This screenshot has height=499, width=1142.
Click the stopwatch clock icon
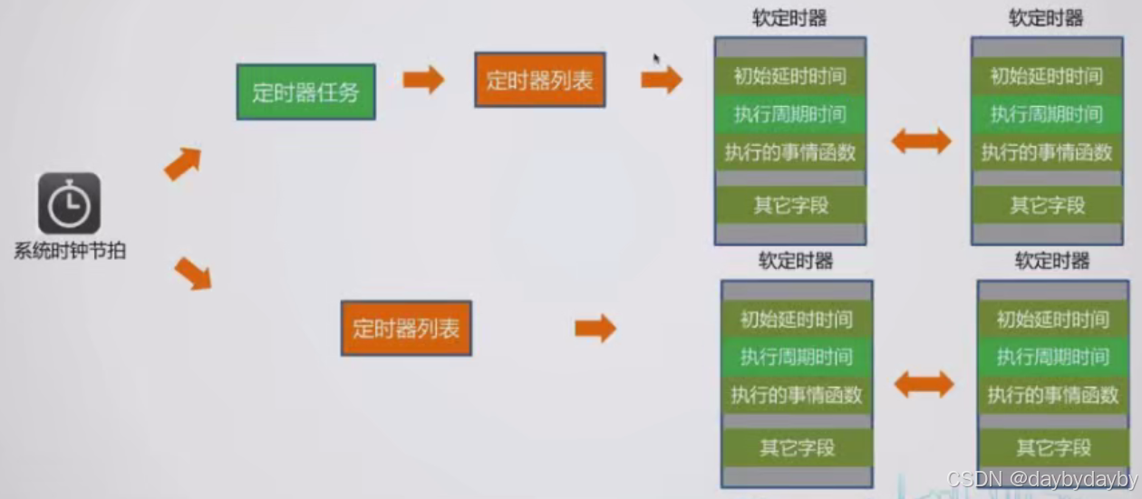[x=69, y=204]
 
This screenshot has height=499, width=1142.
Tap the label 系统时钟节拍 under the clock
[x=69, y=251]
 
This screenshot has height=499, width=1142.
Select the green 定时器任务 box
[x=305, y=91]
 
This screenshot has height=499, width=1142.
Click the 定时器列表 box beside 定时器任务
[x=539, y=80]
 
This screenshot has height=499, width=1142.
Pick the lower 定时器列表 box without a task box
[x=406, y=328]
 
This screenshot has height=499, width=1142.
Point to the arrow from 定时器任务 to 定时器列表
[x=423, y=80]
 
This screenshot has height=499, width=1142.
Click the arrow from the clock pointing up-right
[x=182, y=163]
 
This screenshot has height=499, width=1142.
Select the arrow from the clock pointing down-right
[x=192, y=273]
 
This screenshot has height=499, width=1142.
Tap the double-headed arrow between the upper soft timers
[x=921, y=141]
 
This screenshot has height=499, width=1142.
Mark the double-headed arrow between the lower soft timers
[x=924, y=385]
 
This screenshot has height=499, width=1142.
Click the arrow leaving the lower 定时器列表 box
[x=595, y=328]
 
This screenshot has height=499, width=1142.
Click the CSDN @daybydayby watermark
[x=1041, y=479]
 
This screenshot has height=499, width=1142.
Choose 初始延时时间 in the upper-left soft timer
[x=789, y=76]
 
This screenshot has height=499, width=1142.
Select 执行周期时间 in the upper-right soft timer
[x=1046, y=114]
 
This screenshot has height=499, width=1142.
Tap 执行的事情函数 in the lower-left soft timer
[x=797, y=396]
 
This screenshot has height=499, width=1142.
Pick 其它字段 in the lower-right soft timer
[x=1052, y=447]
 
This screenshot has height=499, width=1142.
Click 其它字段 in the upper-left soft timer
[x=790, y=205]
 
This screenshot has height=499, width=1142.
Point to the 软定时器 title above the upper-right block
[x=1046, y=18]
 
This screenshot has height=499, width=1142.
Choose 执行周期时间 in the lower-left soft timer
[x=796, y=357]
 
